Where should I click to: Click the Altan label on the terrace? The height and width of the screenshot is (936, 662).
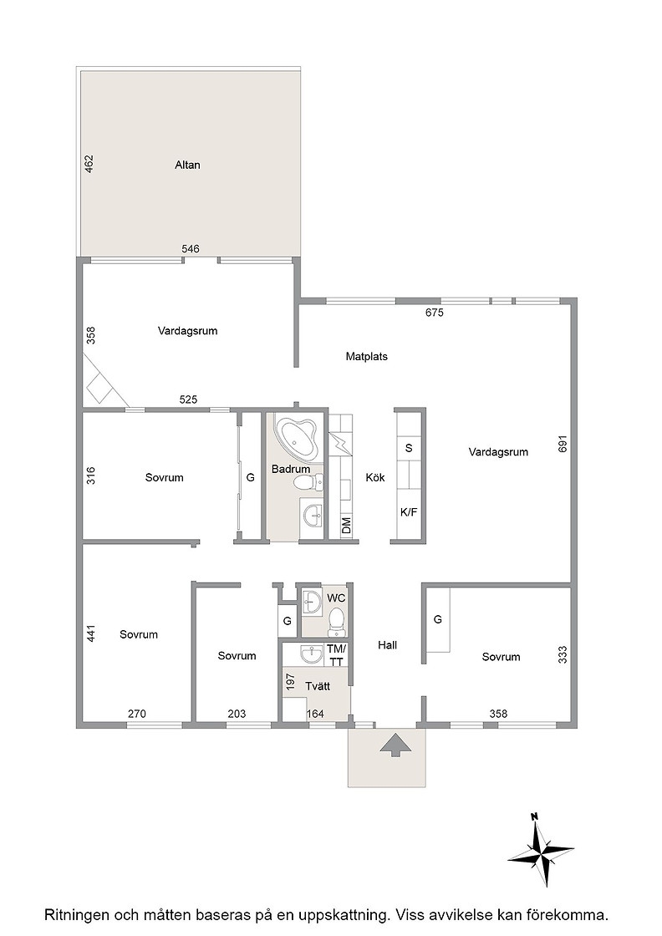(187, 165)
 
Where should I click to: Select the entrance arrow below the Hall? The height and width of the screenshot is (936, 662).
(394, 745)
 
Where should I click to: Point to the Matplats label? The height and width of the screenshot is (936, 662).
(366, 356)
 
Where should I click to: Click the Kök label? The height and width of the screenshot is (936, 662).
(374, 477)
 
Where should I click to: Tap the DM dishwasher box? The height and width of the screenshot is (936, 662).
(346, 526)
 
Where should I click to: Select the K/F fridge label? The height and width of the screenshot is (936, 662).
(409, 511)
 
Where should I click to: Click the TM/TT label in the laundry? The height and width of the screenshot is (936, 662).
(336, 655)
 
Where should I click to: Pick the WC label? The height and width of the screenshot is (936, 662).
(336, 598)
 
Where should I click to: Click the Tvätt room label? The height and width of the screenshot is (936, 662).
(318, 686)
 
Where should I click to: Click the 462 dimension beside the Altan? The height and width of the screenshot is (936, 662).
(89, 164)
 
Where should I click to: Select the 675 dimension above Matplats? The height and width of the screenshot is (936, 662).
(434, 313)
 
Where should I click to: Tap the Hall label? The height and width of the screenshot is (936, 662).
(387, 644)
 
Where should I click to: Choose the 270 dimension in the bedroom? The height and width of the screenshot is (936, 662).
(137, 714)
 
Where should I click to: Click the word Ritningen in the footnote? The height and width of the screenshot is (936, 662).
(75, 914)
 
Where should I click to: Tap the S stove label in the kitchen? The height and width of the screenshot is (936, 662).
(409, 448)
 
